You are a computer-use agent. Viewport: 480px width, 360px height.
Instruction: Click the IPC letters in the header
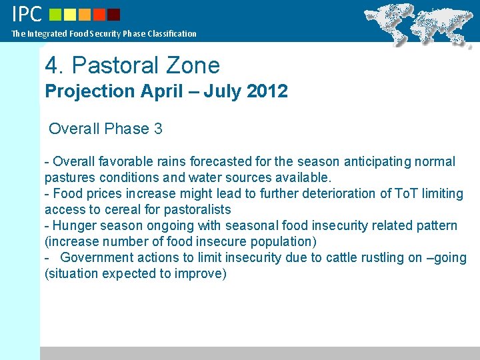pos(27,14)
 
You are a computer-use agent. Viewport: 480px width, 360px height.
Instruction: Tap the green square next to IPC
pos(55,15)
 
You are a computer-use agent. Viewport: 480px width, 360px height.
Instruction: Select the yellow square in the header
pos(70,15)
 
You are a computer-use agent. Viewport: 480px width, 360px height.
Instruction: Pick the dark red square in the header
pos(113,15)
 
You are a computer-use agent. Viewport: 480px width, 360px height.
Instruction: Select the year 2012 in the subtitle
pos(267,91)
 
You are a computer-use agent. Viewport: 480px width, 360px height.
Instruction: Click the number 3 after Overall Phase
pos(158,129)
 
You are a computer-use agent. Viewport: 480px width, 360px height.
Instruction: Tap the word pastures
pos(69,177)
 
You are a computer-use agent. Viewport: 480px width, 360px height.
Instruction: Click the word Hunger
pos(74,225)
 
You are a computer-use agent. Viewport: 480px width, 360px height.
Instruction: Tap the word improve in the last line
pos(200,273)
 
